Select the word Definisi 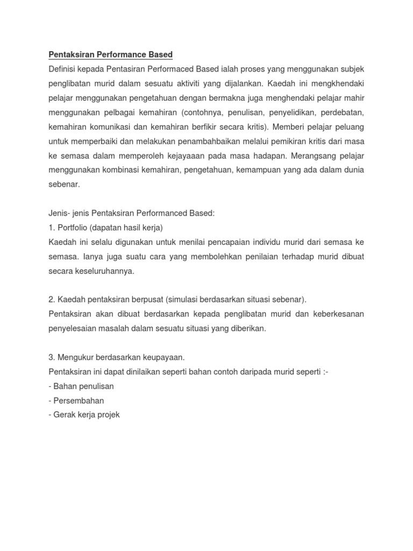[x=63, y=69]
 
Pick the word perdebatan [x=341, y=112]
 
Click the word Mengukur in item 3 [x=75, y=357]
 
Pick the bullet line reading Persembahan [x=77, y=401]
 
